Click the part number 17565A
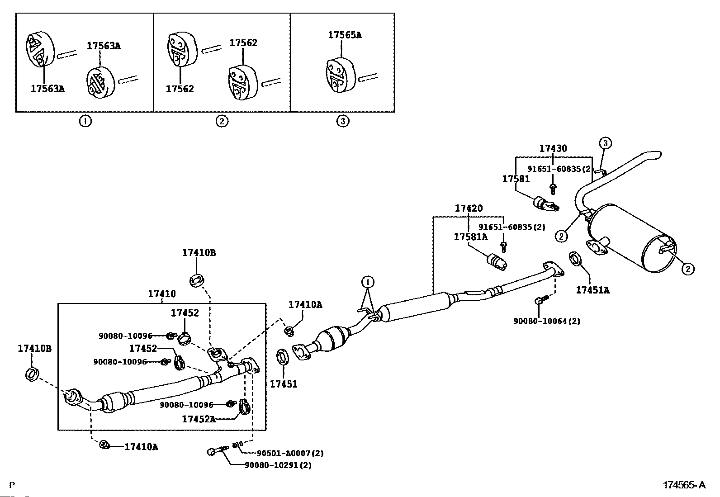(345, 35)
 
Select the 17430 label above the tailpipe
(553, 148)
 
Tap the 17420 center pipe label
(469, 208)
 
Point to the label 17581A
(470, 237)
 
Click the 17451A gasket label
(592, 290)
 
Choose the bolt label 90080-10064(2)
(547, 321)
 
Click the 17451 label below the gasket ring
(284, 384)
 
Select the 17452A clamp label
(199, 419)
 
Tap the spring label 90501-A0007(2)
(290, 453)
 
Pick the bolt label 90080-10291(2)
(278, 465)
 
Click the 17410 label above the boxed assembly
(162, 293)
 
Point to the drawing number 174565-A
(684, 485)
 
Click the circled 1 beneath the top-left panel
(85, 121)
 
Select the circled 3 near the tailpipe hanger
(605, 143)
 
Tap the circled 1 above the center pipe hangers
(368, 282)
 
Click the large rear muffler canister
(630, 238)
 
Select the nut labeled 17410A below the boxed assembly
(104, 445)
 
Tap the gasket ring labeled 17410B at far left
(32, 374)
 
